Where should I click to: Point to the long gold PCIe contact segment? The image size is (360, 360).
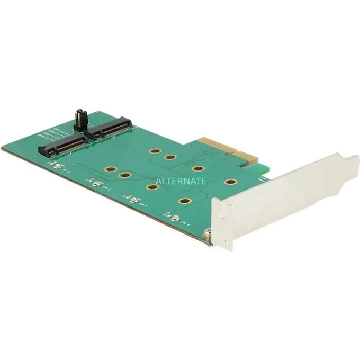pyautogui.click(x=215, y=150)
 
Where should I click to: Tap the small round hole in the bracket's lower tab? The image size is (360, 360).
pyautogui.click(x=226, y=243)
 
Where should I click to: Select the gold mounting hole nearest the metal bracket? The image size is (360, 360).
pyautogui.click(x=230, y=182)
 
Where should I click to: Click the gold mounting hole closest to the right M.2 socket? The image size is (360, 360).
pyautogui.click(x=155, y=151)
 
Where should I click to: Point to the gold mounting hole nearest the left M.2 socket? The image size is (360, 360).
pyautogui.click(x=111, y=170)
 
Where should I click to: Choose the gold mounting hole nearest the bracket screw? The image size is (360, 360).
pyautogui.click(x=185, y=201)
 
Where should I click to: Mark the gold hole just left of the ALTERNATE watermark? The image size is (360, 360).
pyautogui.click(x=149, y=187)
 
